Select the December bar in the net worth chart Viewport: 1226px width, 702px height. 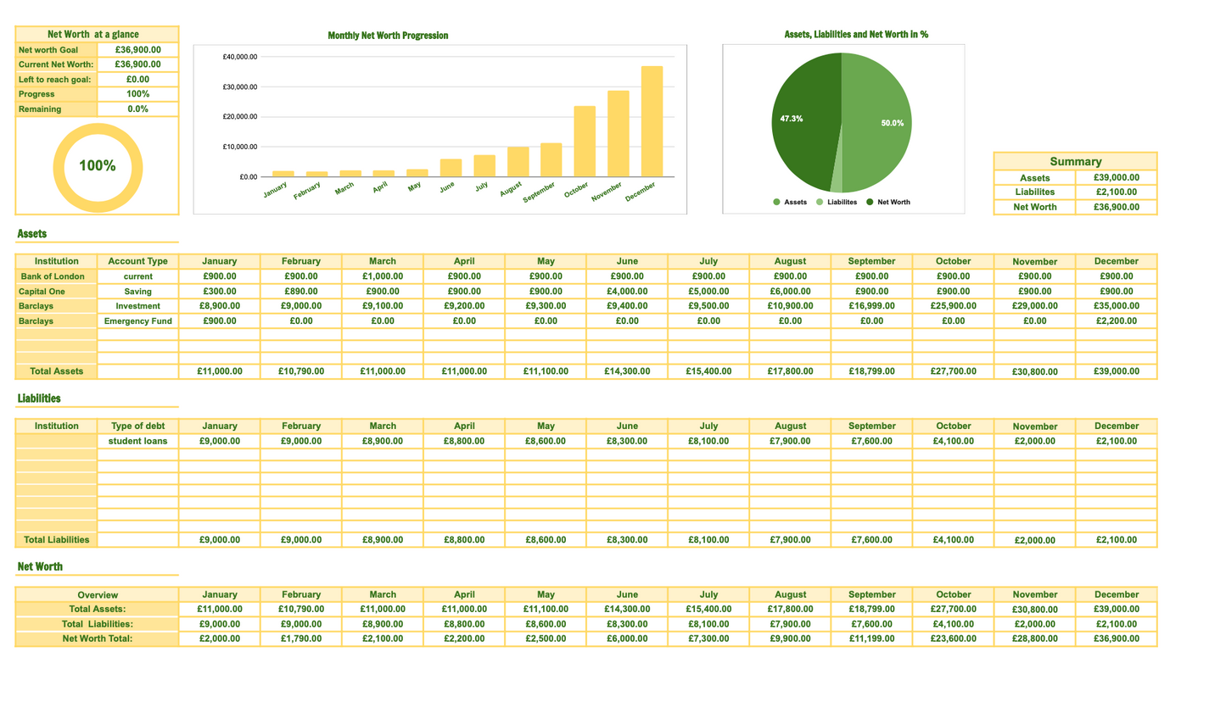point(652,121)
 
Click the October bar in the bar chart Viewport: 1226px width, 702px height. point(585,142)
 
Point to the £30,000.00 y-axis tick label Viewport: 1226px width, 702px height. point(240,86)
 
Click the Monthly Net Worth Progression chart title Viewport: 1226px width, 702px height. point(388,36)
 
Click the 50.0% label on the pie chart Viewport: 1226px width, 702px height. point(892,124)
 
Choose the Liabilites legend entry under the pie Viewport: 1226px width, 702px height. point(837,203)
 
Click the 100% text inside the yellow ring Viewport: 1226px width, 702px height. point(97,166)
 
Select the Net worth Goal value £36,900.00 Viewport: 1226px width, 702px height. point(137,49)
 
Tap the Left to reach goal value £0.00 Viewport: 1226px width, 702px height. point(137,79)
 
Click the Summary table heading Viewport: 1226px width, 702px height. point(1075,161)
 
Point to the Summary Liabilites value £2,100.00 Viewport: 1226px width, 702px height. point(1116,192)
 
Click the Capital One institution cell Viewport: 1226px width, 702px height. point(42,291)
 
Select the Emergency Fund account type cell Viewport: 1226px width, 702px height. point(137,321)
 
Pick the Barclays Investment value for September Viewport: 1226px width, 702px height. point(871,306)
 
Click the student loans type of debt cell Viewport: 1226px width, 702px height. point(137,441)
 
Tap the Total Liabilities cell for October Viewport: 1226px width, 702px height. point(953,539)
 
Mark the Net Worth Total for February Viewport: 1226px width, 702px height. point(301,638)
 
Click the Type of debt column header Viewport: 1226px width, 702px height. point(137,426)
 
